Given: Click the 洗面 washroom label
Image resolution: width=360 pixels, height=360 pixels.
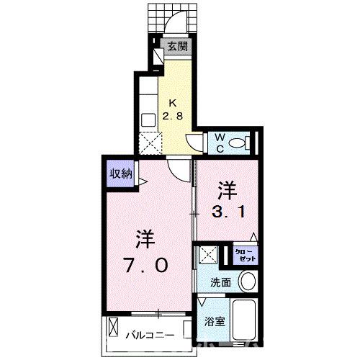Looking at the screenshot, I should (x=220, y=282).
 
